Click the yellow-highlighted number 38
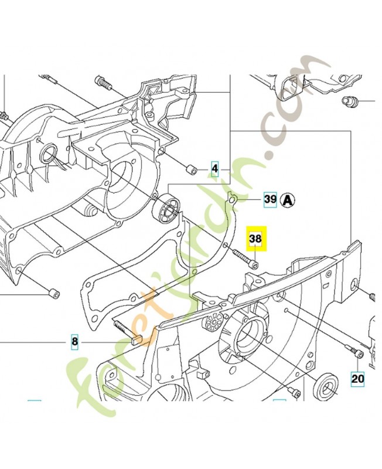[256, 239]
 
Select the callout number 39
[270, 200]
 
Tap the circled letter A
[287, 200]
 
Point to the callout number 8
[74, 341]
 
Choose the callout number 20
[357, 379]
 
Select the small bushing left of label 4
[190, 169]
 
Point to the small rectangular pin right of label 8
[135, 338]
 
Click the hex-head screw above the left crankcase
[104, 83]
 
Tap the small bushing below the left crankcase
[54, 291]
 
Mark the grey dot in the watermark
[270, 157]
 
